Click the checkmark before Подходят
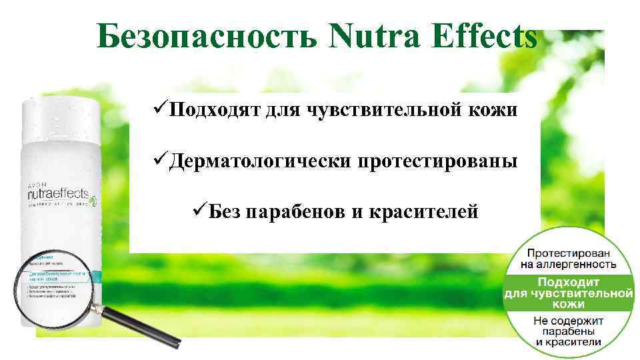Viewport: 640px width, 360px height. pyautogui.click(x=159, y=109)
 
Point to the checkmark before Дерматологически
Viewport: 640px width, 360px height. pyautogui.click(x=159, y=160)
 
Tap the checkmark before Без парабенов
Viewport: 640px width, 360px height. pyautogui.click(x=199, y=211)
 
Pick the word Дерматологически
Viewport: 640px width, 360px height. pyautogui.click(x=260, y=161)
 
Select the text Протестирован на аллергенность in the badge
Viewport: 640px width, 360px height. pyautogui.click(x=570, y=258)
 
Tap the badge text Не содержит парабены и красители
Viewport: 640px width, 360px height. pyautogui.click(x=569, y=331)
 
